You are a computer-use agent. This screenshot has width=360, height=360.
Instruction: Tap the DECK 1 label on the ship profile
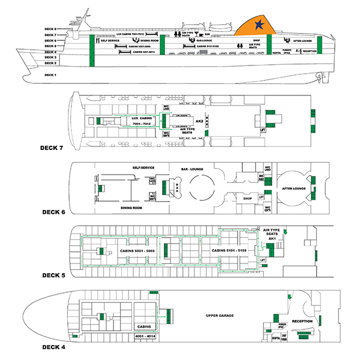(50, 75)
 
